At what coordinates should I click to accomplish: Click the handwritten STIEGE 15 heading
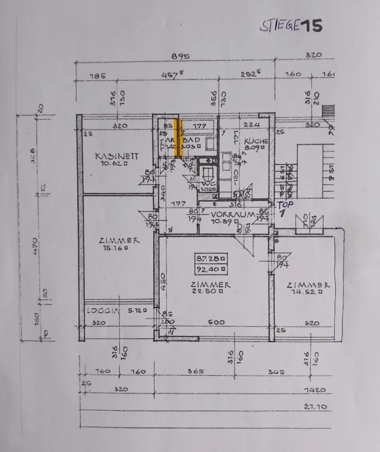click(290, 26)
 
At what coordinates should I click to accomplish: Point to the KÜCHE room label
click(256, 141)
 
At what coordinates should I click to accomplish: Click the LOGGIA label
click(103, 310)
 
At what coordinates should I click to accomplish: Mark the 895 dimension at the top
click(180, 56)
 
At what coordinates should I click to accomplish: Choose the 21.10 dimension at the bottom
click(316, 406)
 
